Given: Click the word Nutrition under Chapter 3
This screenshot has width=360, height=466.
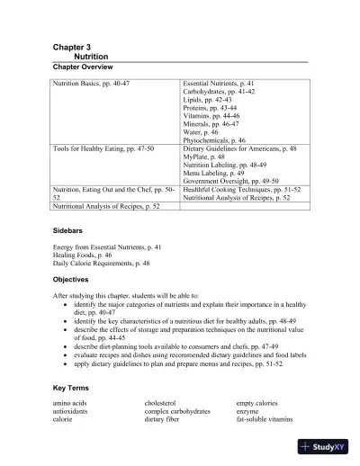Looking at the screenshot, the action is click(91, 55).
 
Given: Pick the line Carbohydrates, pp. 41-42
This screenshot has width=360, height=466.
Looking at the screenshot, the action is click(219, 92).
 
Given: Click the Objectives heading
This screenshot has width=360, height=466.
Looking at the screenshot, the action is click(74, 280).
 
